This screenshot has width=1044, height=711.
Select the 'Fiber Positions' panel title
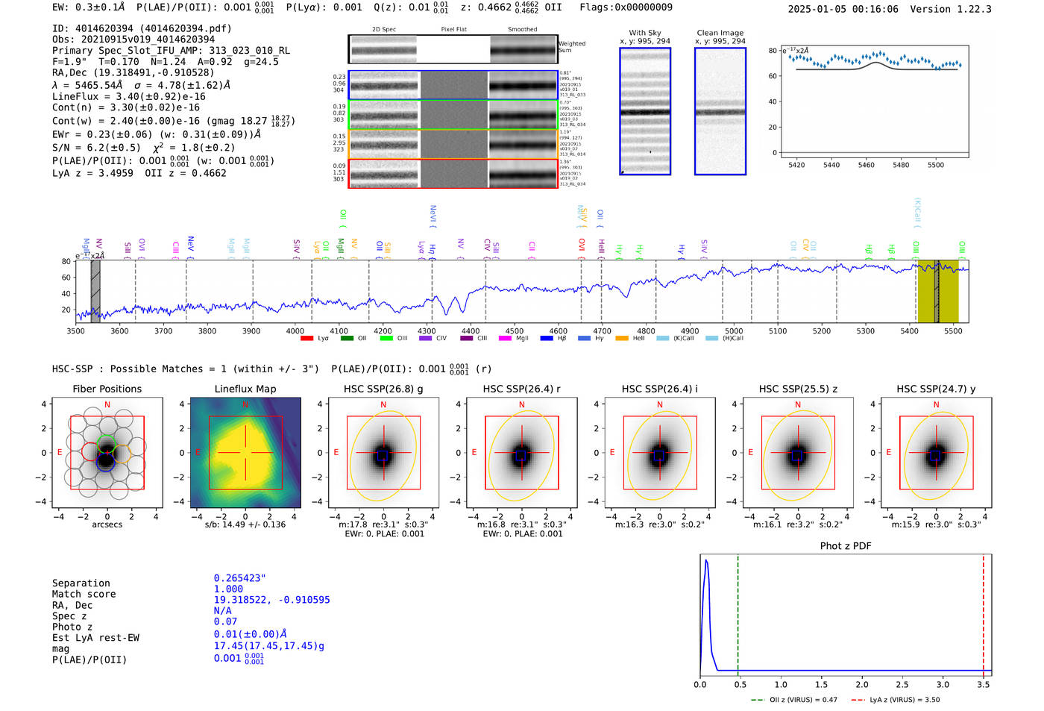point(107,389)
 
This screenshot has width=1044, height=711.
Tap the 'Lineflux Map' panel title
point(245,389)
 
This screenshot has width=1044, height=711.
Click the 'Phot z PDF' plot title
point(846,545)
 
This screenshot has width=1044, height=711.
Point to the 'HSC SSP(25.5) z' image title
point(798,389)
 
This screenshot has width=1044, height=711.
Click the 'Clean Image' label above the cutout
point(720,33)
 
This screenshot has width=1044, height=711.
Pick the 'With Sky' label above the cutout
point(644,33)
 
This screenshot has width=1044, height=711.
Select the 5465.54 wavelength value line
point(141,85)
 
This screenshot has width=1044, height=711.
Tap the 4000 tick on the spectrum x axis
point(295,331)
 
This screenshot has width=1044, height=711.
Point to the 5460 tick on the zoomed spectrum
point(866,165)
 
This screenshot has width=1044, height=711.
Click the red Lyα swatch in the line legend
point(306,338)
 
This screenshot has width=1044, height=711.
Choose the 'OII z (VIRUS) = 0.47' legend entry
point(794,700)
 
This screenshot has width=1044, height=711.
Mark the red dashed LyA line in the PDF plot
point(984,612)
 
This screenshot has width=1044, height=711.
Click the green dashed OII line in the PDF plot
point(738,612)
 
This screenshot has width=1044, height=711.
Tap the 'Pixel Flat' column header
point(453,30)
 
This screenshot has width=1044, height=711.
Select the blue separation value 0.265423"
point(239,578)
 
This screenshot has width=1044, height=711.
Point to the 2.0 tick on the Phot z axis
point(862,684)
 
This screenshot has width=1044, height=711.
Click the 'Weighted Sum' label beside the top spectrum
point(571,47)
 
